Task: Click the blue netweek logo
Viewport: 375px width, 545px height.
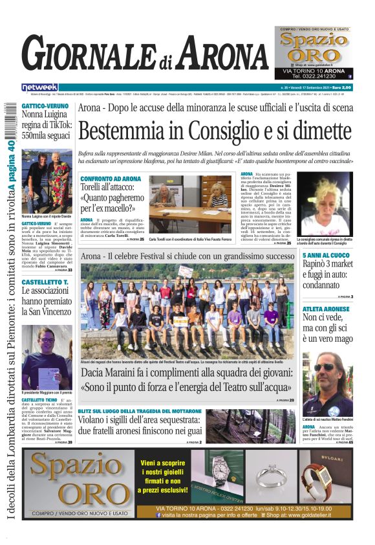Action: (x=39, y=87)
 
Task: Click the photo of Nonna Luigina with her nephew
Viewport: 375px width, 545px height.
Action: (x=47, y=182)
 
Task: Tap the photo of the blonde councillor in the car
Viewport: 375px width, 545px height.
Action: (x=325, y=203)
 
